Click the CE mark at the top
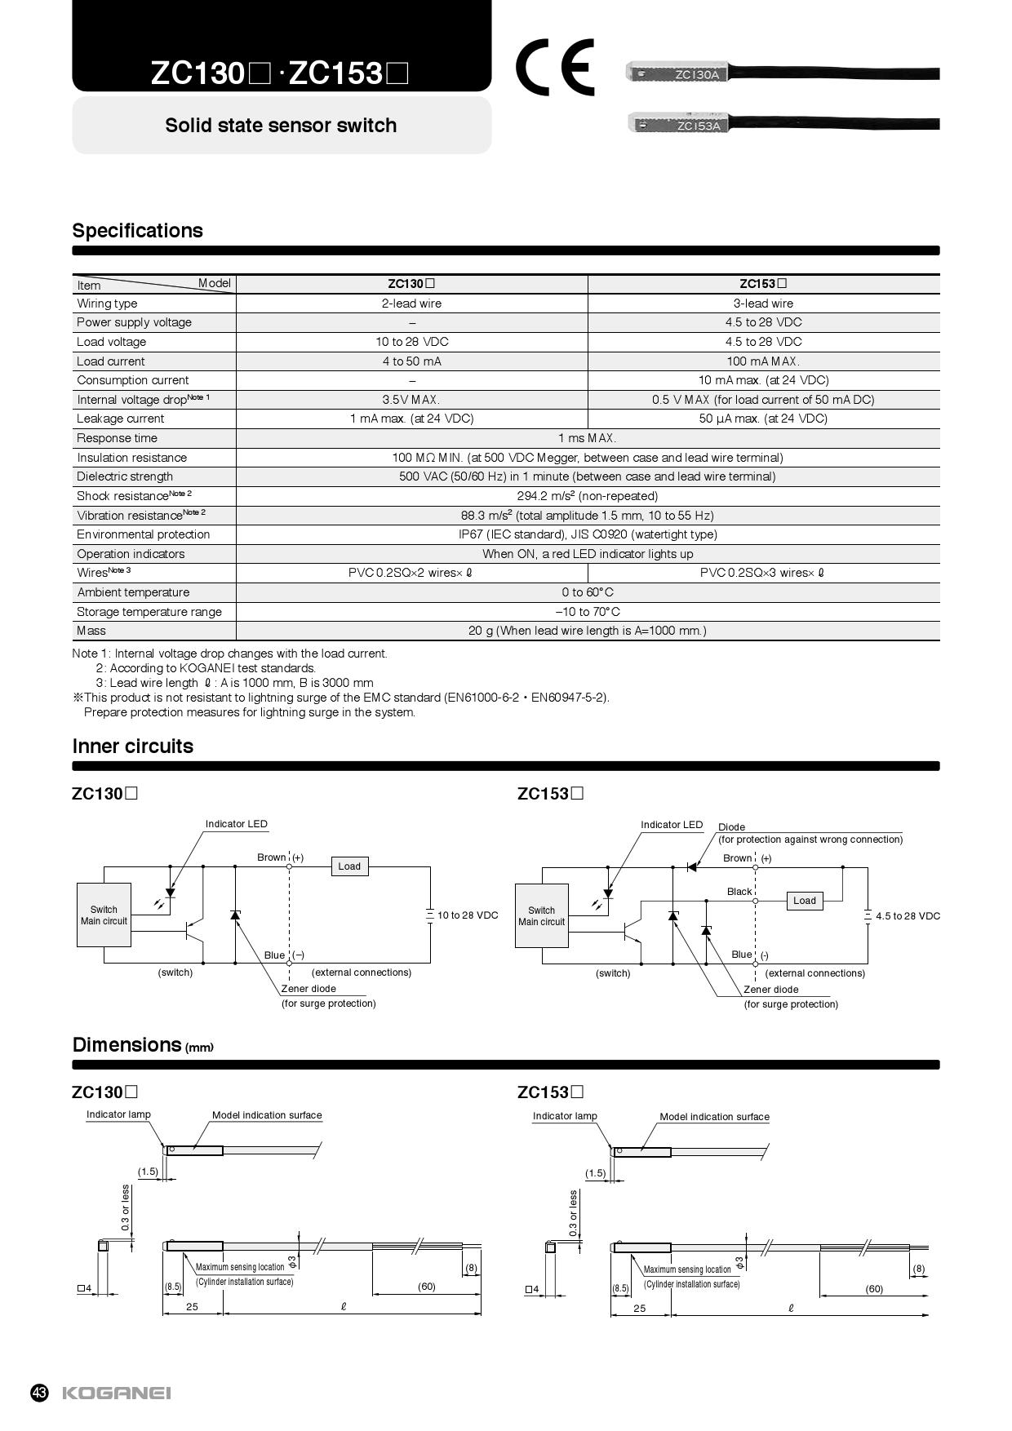click(x=554, y=68)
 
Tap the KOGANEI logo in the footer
click(x=117, y=1393)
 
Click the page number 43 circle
click(x=40, y=1393)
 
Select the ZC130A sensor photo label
click(x=696, y=75)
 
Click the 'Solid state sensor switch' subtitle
click(x=281, y=126)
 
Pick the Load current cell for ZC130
click(x=411, y=361)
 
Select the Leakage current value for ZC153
click(x=763, y=419)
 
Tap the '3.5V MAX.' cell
click(x=411, y=400)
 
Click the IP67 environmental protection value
click(x=588, y=534)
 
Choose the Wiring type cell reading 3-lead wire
click(x=763, y=303)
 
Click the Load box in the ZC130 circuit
click(x=349, y=866)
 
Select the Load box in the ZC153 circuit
click(x=805, y=901)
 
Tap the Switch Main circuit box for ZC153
click(x=541, y=916)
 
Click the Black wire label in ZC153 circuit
click(x=739, y=892)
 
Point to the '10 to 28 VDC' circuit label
click(x=468, y=915)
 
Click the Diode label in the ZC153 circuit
click(x=731, y=827)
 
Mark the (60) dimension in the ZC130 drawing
click(x=426, y=1287)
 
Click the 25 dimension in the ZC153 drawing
click(x=640, y=1309)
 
